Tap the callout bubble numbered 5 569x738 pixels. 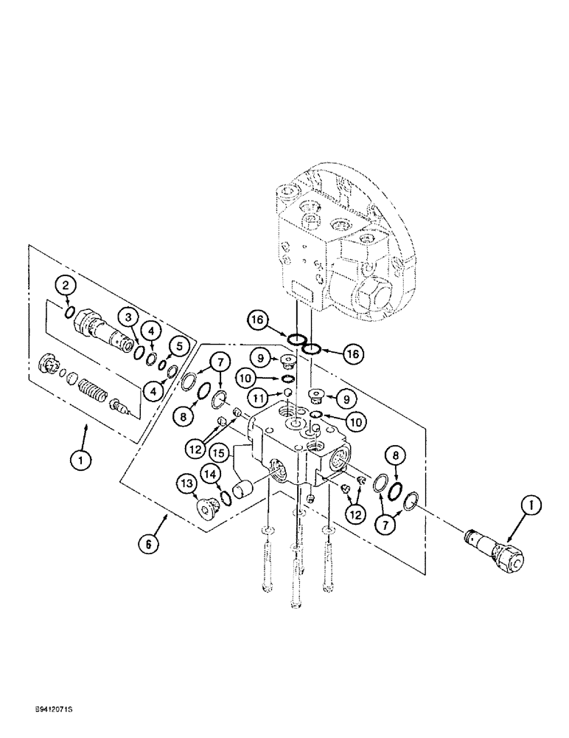pos(177,345)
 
